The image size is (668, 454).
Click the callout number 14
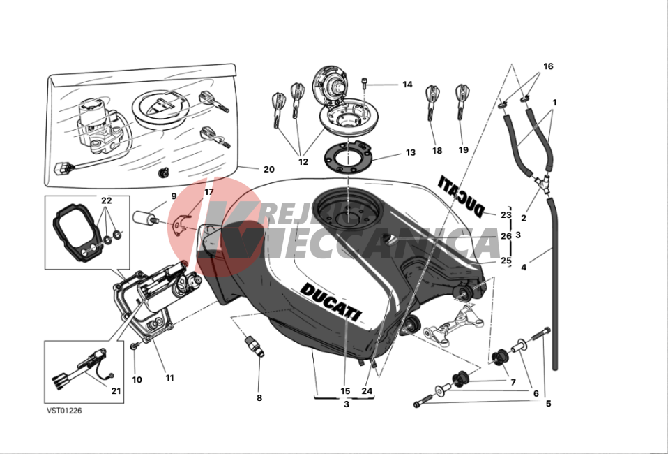[407, 85]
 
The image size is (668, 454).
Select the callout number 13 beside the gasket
[410, 152]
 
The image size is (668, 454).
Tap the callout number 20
[269, 169]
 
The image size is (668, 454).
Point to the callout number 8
[259, 398]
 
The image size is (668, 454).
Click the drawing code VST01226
[64, 411]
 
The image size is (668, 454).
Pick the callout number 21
[116, 391]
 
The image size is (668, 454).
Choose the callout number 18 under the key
[437, 150]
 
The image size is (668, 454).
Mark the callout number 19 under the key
[464, 150]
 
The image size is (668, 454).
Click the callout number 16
[548, 66]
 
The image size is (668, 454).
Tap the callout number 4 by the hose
[524, 267]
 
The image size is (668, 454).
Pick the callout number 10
[137, 380]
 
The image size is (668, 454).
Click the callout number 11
[169, 378]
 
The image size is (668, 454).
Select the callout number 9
[174, 197]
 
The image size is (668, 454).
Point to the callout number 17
[208, 192]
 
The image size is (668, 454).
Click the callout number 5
[548, 403]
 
